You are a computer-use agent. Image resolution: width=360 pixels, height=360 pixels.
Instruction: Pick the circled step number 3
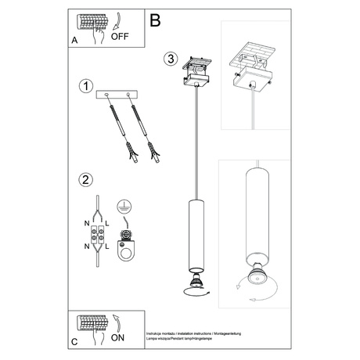[171, 59]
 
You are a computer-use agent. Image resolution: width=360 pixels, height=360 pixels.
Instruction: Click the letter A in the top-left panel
[74, 40]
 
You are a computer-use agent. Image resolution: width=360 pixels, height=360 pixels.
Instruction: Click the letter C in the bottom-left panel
[74, 342]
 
